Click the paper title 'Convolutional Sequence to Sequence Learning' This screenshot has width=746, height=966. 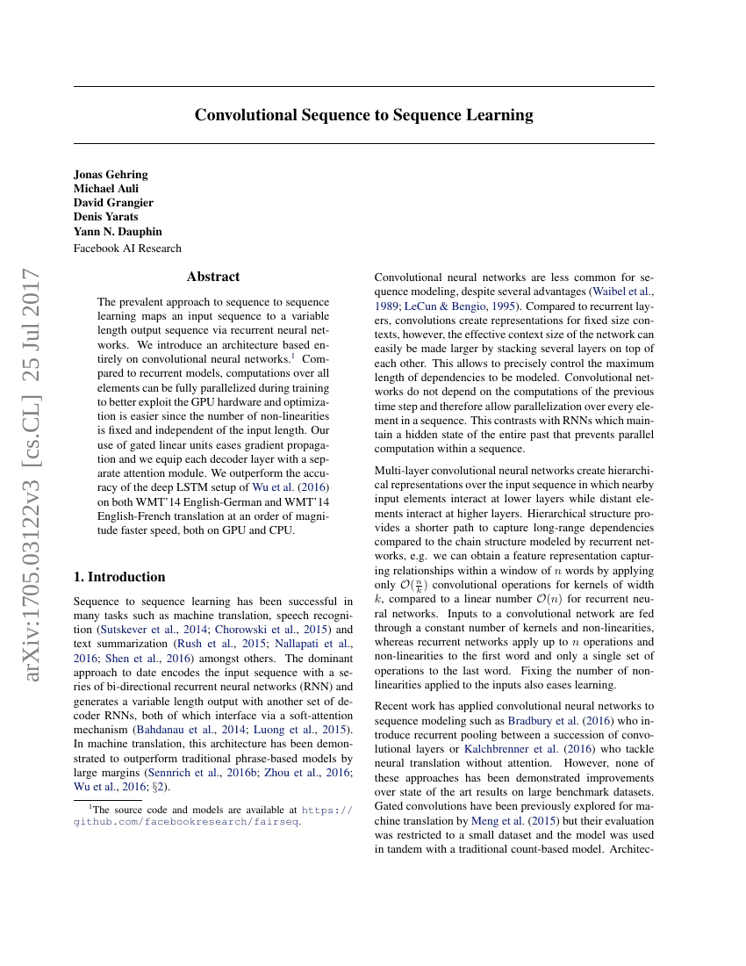363,115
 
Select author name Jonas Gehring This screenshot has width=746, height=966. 111,174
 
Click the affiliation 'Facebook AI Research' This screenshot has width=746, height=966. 127,249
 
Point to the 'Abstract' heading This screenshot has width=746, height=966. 213,277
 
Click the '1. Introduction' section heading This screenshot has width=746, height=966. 119,577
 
